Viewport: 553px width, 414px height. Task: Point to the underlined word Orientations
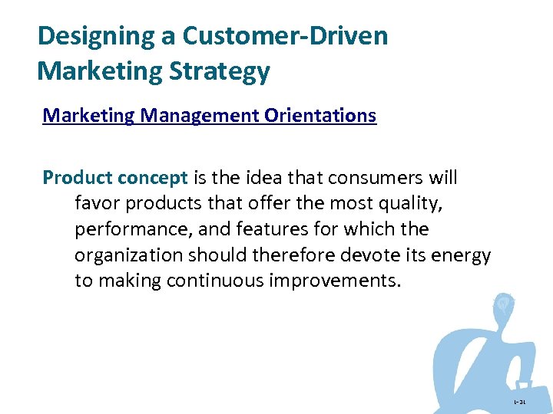tap(320, 116)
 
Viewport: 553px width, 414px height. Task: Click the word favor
tap(97, 204)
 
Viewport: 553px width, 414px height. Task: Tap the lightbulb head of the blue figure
tap(504, 304)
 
